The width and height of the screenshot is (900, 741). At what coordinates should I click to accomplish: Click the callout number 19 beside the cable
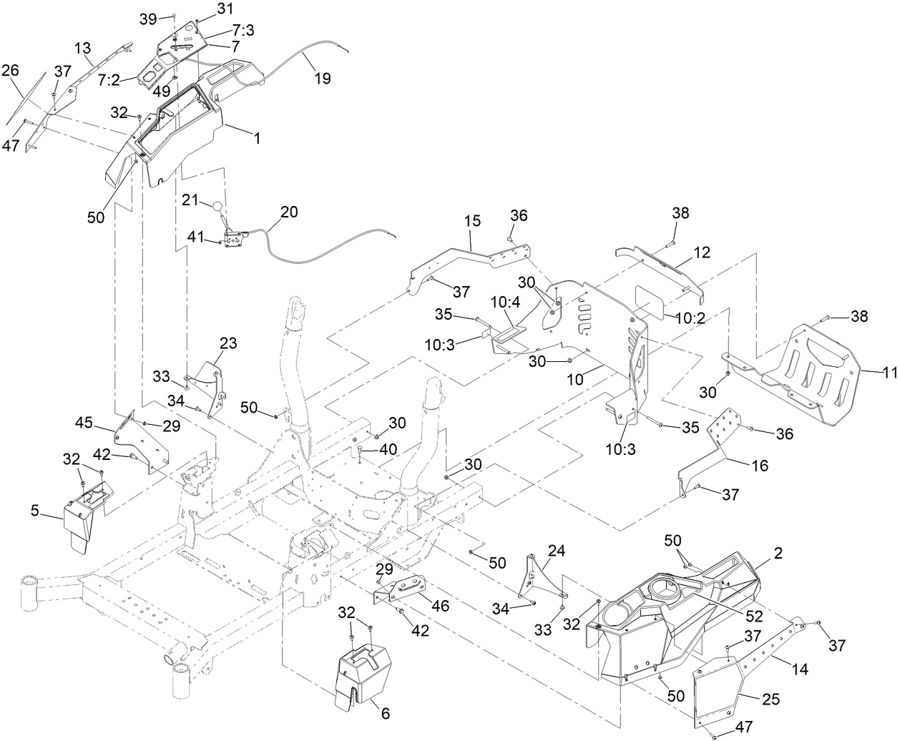coord(323,79)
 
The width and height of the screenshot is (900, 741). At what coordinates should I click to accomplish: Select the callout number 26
coord(11,70)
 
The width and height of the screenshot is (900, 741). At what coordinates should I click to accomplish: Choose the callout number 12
coord(701,253)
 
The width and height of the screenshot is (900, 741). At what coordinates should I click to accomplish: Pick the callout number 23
coord(228,343)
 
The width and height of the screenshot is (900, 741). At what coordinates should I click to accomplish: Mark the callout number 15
coord(473,222)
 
